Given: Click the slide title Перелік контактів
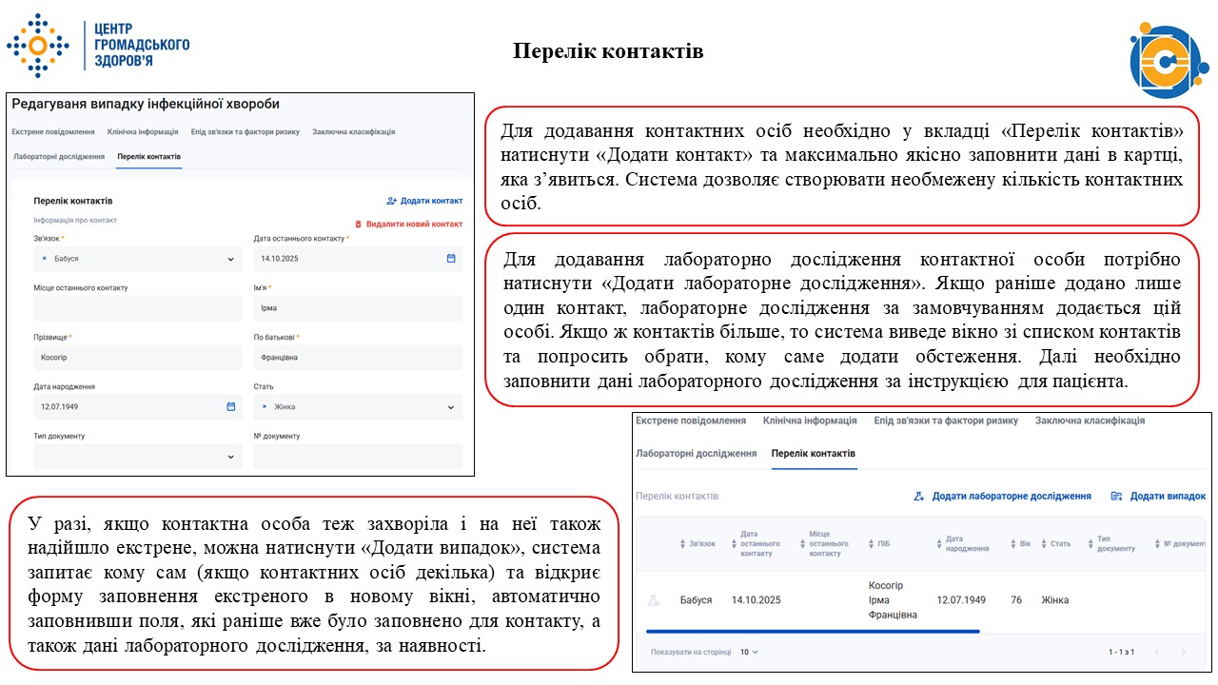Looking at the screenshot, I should pos(608,51).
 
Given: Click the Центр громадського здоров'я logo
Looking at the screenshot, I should pos(99,45).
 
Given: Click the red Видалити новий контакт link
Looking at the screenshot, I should pos(408,224).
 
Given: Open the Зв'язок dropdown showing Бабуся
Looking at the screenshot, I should pos(137,259).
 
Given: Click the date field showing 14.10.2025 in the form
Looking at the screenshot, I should pos(357,259).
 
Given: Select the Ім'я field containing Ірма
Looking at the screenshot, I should pos(357,308).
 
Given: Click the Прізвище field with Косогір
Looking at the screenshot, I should pos(137,358).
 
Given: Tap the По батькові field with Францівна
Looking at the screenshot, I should pos(357,358).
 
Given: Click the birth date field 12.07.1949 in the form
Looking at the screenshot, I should pos(137,407).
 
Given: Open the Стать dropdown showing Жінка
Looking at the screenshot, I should pos(357,407).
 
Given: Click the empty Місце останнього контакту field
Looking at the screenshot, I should pos(137,308).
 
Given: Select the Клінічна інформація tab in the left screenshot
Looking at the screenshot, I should pos(143,132).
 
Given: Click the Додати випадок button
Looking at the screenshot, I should pos(1158,497).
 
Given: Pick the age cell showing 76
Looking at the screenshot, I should pos(1016,600).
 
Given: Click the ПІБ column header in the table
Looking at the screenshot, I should pos(877,544).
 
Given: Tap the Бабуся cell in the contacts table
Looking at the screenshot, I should pos(696,600).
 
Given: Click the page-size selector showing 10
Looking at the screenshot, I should pos(749,653).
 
